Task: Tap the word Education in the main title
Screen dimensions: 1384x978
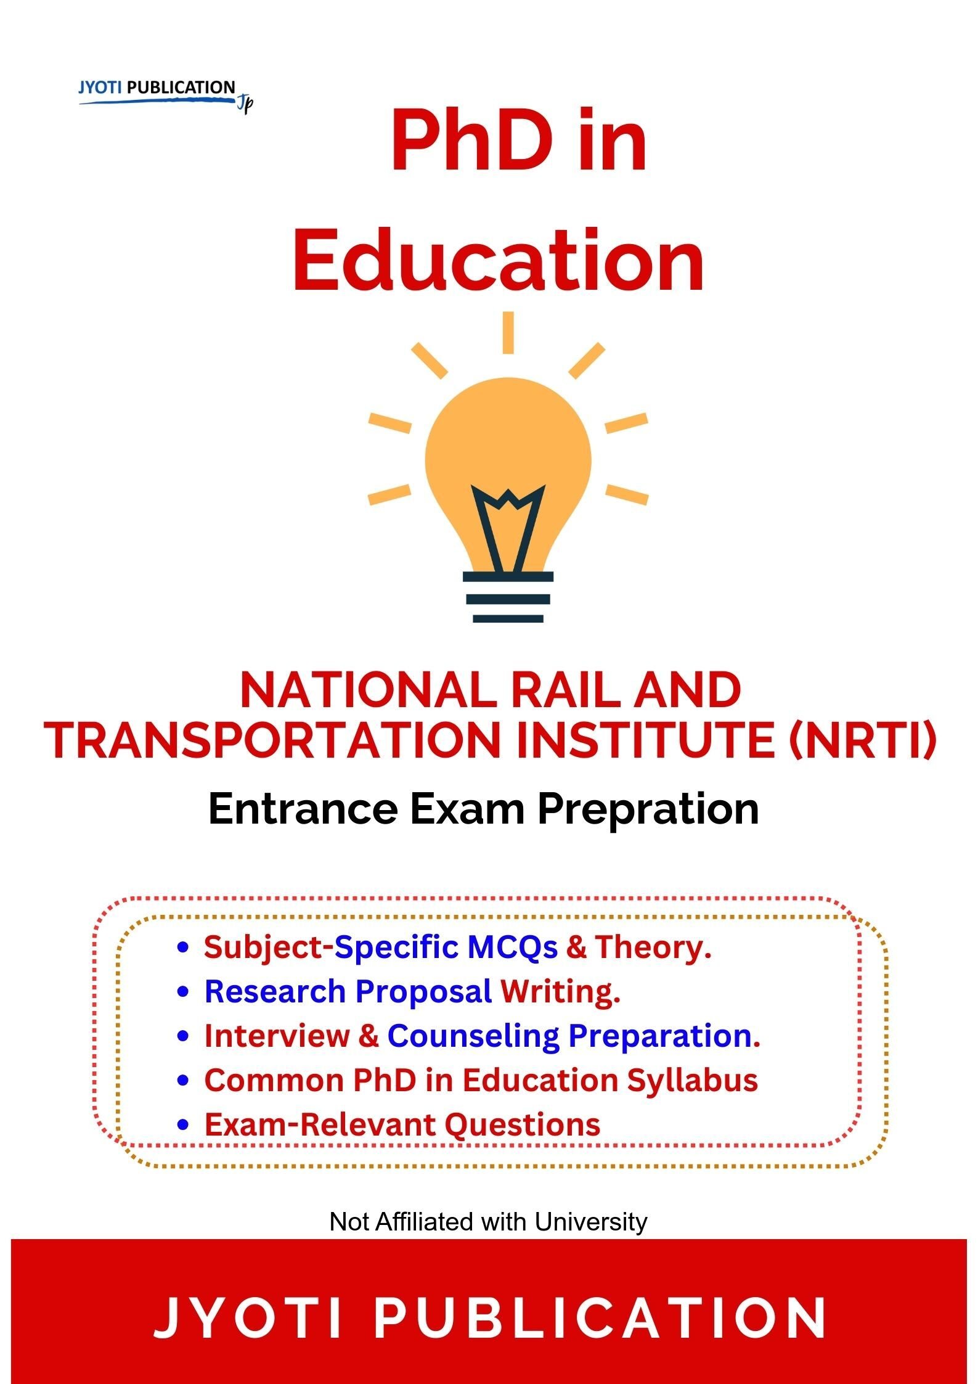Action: point(498,260)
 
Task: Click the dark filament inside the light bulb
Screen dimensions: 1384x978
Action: point(508,525)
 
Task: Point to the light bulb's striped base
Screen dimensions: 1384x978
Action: point(508,597)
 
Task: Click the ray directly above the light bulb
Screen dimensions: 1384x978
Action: point(508,332)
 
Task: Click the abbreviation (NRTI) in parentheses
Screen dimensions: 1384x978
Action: point(862,740)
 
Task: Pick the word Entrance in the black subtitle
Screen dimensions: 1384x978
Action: point(303,809)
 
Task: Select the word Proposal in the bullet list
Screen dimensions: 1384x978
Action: point(423,991)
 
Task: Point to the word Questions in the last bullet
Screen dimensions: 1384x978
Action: point(522,1124)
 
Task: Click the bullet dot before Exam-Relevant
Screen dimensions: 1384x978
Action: point(182,1126)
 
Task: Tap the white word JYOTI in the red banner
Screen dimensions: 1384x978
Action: point(247,1317)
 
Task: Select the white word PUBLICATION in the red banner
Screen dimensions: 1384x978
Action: point(600,1317)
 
